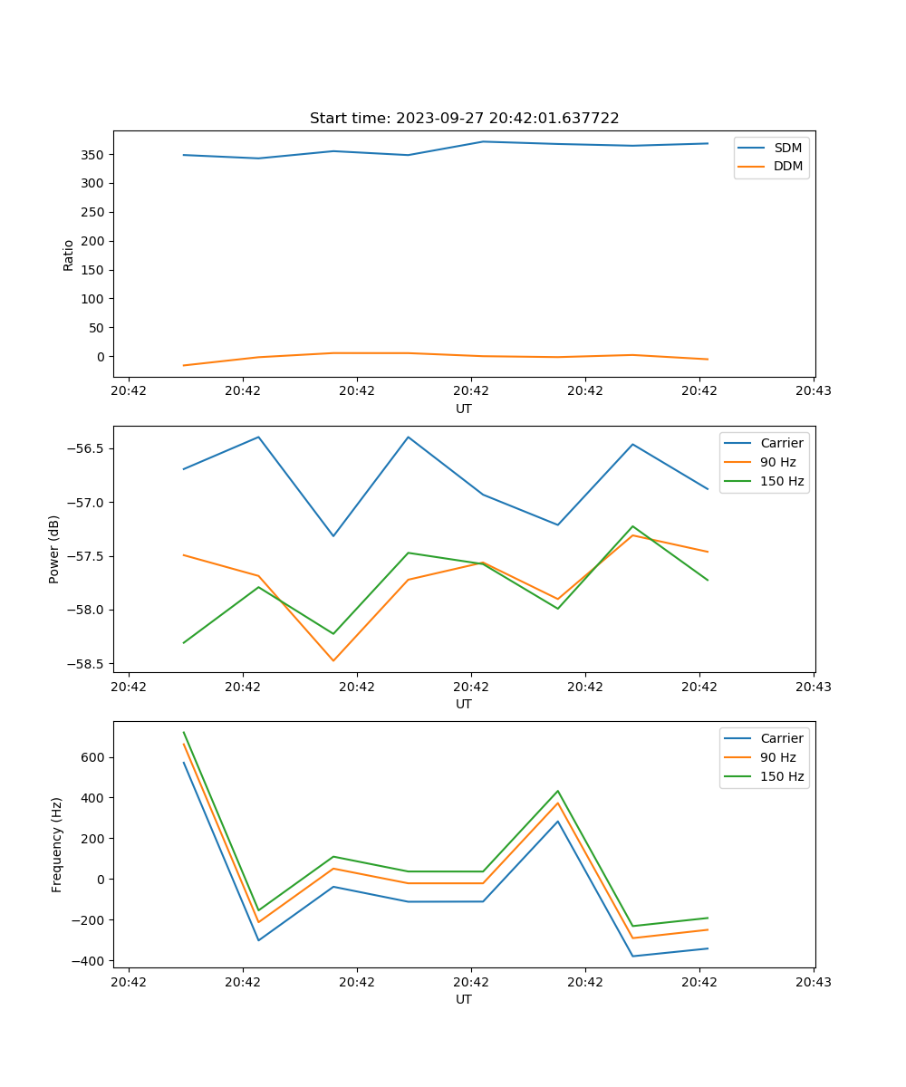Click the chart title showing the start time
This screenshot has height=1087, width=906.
point(464,119)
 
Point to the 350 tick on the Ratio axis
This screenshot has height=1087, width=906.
point(94,155)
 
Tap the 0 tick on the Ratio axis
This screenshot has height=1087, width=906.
point(101,357)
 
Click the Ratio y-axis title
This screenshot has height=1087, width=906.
point(69,255)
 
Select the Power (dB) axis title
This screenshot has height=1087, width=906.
point(55,549)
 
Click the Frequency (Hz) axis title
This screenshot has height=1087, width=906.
point(57,844)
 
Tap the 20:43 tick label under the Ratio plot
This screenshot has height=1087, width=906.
point(814,391)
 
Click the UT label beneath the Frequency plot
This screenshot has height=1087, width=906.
point(464,999)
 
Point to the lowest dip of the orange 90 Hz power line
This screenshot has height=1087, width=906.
point(333,660)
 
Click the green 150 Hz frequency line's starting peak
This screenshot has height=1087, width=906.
point(184,733)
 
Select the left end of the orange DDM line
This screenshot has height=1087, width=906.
point(184,365)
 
